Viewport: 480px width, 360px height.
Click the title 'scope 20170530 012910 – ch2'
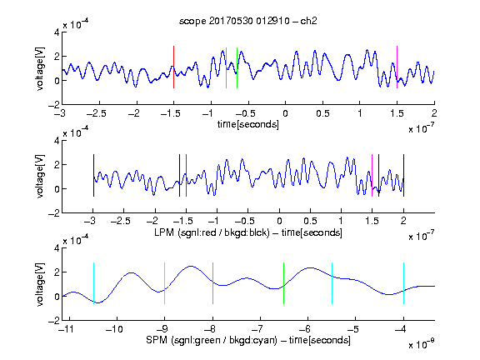248,21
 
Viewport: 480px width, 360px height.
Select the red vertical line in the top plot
173,67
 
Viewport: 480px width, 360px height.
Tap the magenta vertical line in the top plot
397,67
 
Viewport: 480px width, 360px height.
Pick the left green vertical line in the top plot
226,67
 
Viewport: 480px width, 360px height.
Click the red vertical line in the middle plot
186,175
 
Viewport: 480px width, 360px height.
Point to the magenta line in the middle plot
372,175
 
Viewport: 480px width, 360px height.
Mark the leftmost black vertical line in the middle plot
93,175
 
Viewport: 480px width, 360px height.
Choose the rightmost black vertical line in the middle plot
403,175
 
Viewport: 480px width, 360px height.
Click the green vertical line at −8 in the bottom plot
212,283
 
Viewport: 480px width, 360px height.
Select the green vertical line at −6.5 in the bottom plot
284,283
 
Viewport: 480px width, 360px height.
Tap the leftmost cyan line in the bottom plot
93,283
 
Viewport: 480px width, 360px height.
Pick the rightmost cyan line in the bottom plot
403,283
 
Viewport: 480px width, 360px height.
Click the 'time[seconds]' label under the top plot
248,124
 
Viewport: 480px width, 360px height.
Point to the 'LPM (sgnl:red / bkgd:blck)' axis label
212,232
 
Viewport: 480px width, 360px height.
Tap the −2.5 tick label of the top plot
97,113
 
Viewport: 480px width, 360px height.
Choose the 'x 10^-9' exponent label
422,343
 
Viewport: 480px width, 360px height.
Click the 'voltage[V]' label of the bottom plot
40,284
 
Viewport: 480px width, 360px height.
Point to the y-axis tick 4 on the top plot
57,32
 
